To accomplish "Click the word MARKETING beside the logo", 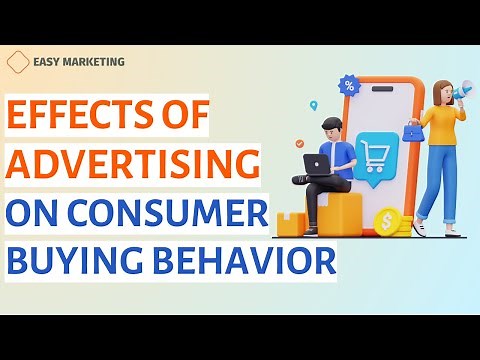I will [x=95, y=62].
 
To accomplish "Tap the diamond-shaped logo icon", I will [x=18, y=62].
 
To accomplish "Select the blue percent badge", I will [x=348, y=86].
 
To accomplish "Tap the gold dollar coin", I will [x=385, y=221].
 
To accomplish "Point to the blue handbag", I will [x=412, y=130].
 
